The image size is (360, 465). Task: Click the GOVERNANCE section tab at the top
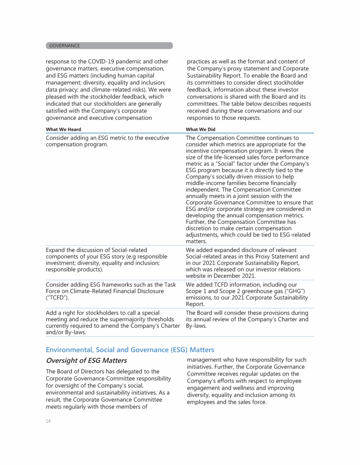[65, 46]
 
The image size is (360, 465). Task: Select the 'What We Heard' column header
[63, 129]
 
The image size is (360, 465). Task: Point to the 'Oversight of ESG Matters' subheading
[86, 361]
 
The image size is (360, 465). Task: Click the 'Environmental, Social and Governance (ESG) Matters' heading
[130, 349]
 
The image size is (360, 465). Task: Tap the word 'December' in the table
[239, 276]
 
